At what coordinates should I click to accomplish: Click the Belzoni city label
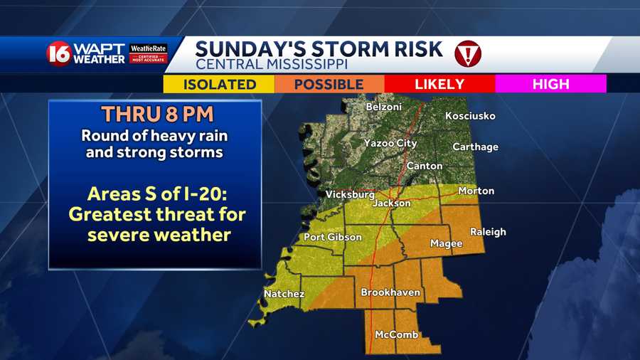point(383,107)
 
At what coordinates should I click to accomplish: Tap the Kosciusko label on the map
point(470,116)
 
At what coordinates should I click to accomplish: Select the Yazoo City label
point(390,143)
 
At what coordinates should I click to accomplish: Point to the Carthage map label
point(476,147)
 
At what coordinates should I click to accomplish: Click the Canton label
point(425,166)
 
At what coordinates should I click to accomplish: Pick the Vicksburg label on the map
point(350,194)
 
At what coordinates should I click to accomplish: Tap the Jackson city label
point(392,203)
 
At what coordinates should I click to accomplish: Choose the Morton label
point(476,191)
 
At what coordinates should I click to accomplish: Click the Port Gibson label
point(333,237)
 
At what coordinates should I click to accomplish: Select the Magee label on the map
point(447,244)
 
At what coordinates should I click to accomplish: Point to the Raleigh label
point(489,232)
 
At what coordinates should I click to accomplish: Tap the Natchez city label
point(284,294)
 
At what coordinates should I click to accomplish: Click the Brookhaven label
point(390,292)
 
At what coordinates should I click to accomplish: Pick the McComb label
point(396,335)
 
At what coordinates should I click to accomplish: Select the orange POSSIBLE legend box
point(329,84)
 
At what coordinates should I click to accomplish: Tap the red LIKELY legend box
point(439,84)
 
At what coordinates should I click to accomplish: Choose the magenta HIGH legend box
point(551,84)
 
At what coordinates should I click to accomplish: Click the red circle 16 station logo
point(60,54)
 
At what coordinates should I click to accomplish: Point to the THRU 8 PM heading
point(155,114)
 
